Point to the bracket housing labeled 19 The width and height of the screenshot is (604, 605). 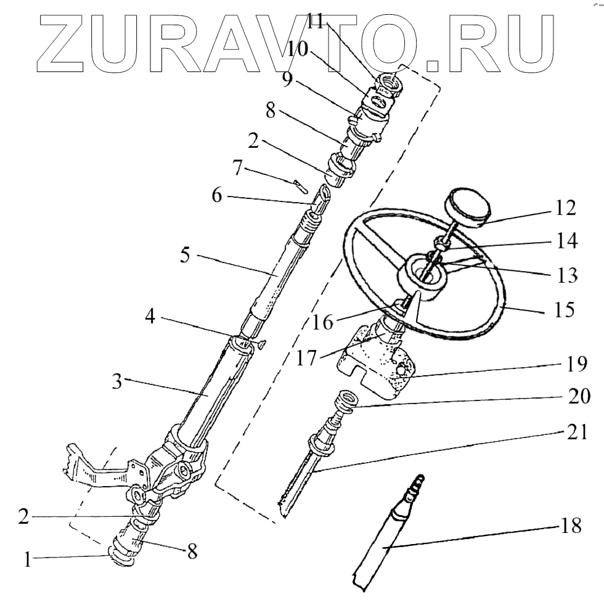click(376, 363)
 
